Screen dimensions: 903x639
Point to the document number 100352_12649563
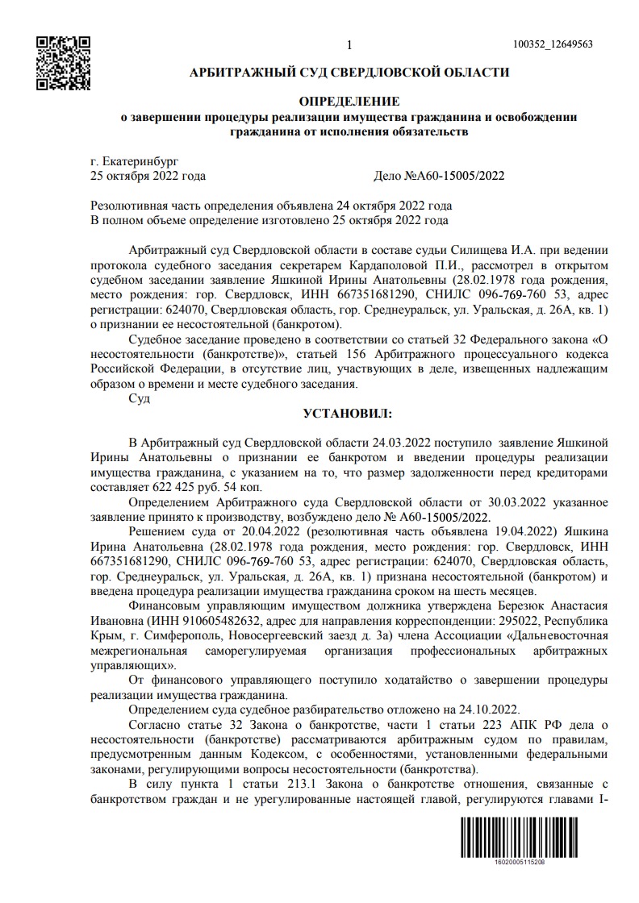[x=553, y=44]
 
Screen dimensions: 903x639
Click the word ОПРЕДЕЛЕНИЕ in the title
[x=349, y=102]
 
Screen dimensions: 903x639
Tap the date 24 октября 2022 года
[x=395, y=205]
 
